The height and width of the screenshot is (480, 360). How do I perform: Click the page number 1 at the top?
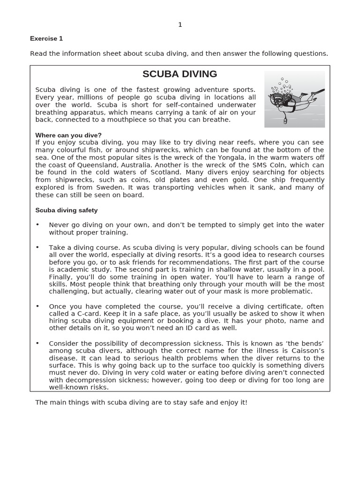point(180,25)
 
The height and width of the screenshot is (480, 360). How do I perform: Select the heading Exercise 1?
point(46,38)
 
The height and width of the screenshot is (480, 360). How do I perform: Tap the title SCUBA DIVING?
point(180,74)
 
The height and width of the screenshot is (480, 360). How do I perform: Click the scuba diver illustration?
point(294,99)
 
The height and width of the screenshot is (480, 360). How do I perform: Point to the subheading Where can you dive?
point(68,135)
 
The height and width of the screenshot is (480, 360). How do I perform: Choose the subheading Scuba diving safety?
point(67,210)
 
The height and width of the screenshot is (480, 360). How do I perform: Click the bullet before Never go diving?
point(37,225)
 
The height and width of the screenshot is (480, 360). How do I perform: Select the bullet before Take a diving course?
point(37,247)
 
